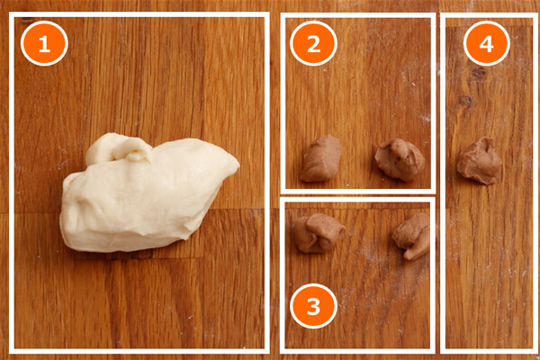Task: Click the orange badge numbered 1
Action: [44, 43]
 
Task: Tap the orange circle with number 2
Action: [313, 43]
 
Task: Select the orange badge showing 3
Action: [313, 306]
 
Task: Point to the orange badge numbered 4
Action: [487, 43]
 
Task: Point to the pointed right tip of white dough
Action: [237, 165]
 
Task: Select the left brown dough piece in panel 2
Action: [321, 158]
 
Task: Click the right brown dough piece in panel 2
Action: [400, 159]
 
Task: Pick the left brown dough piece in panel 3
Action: [319, 233]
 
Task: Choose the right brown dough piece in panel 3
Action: [411, 236]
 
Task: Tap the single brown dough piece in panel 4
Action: [480, 161]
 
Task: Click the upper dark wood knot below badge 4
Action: [479, 72]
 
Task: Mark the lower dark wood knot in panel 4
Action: [465, 100]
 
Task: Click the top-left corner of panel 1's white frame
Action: [12, 14]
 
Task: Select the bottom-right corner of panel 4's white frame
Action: [535, 351]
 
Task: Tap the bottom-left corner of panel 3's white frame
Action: [283, 351]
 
